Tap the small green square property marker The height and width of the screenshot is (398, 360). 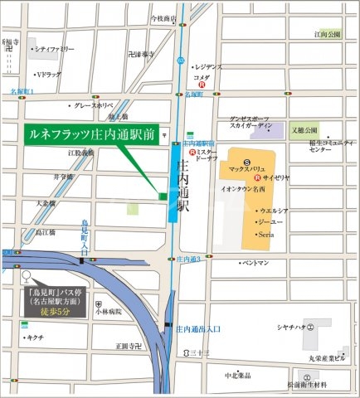point(163,196)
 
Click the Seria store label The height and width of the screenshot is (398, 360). point(267,235)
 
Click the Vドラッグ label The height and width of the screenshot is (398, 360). point(52,74)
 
